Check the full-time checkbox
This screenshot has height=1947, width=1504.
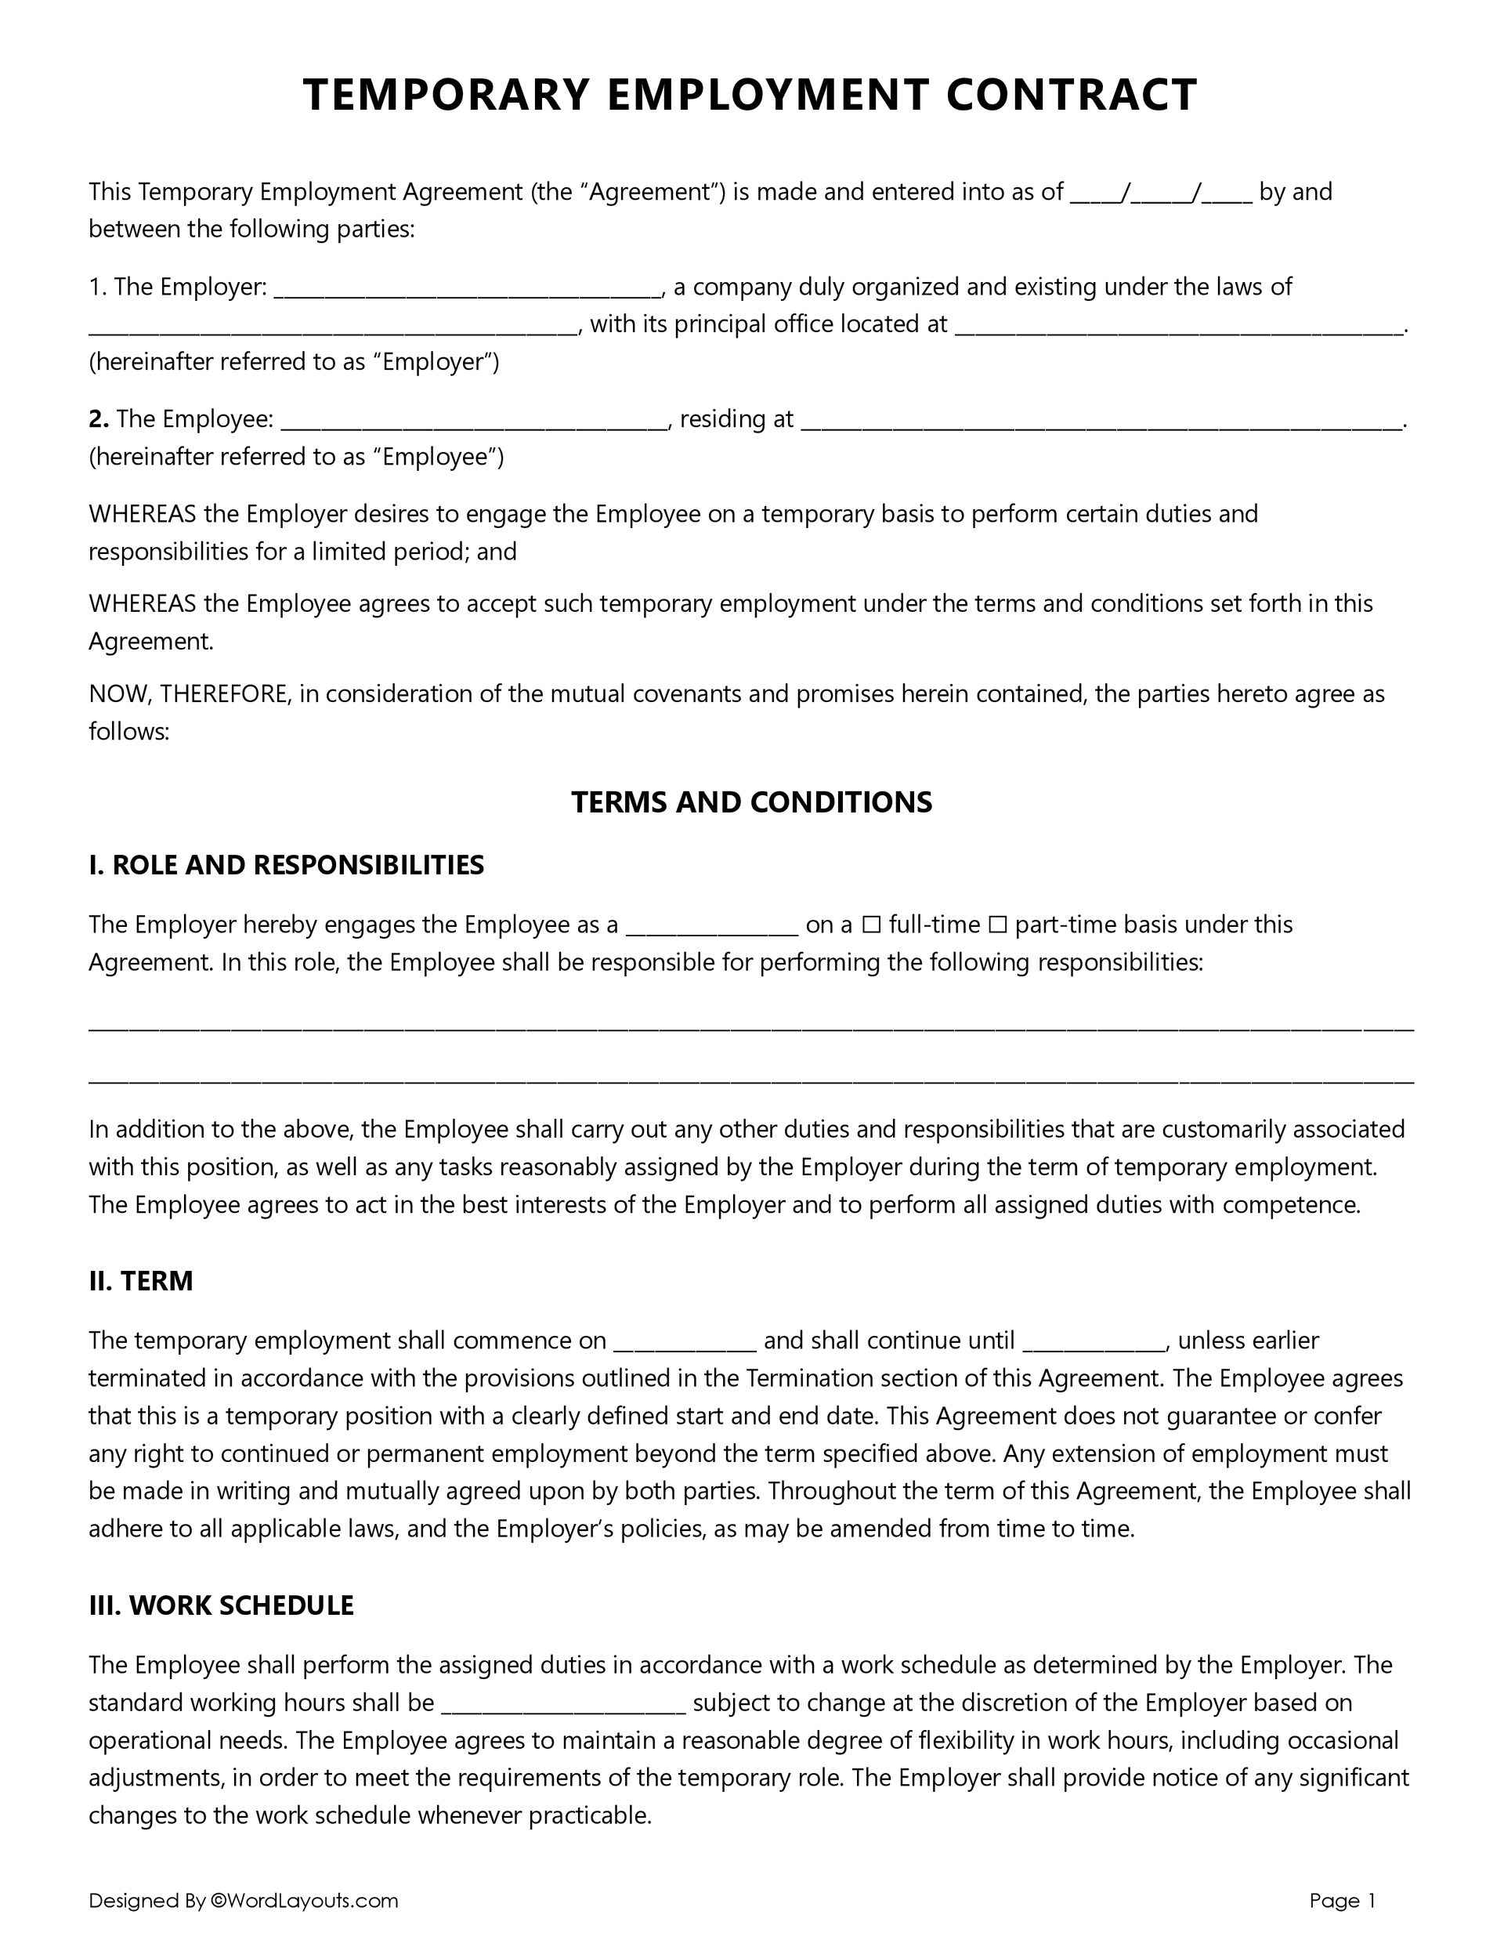[871, 925]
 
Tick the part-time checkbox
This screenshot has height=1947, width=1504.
[998, 925]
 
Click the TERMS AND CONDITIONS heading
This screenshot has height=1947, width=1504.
[751, 802]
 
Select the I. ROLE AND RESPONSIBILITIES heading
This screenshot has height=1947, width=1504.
[286, 865]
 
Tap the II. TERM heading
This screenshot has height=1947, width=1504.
[141, 1281]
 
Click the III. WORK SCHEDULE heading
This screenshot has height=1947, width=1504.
[221, 1605]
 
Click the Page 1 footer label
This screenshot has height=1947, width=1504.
[1343, 1901]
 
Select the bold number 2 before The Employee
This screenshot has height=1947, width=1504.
[97, 419]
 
